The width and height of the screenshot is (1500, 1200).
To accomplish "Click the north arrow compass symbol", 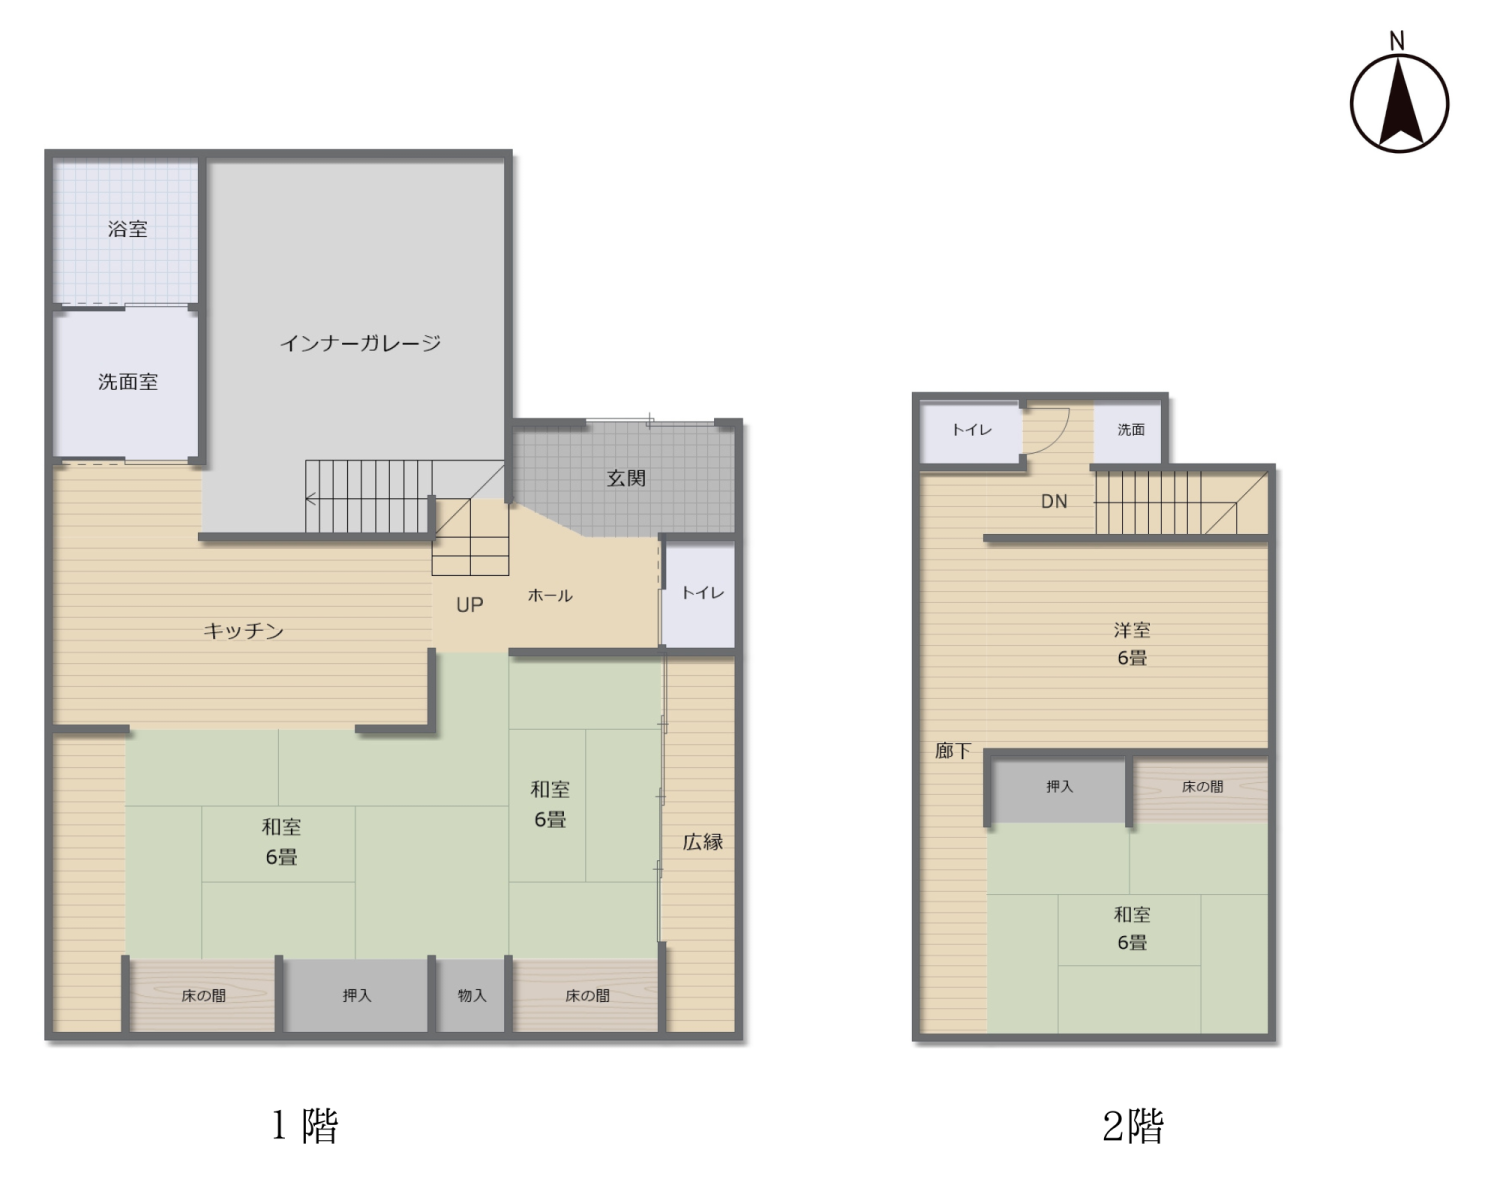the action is pyautogui.click(x=1399, y=103).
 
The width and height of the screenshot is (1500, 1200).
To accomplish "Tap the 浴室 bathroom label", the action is pyautogui.click(x=128, y=229).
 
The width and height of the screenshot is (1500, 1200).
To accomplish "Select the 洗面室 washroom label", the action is pyautogui.click(x=128, y=382).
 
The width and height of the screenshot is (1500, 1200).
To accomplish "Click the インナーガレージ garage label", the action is pyautogui.click(x=360, y=343).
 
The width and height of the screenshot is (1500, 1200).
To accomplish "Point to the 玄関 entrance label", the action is pyautogui.click(x=626, y=478).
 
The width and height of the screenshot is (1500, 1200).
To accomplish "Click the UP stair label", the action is pyautogui.click(x=469, y=605).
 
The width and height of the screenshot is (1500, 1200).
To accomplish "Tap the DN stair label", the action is pyautogui.click(x=1053, y=501).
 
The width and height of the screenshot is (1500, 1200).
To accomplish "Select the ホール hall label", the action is pyautogui.click(x=550, y=595).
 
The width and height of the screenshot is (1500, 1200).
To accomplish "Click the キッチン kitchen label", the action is pyautogui.click(x=243, y=631).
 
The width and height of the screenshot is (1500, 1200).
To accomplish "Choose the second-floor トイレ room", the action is pyautogui.click(x=971, y=432).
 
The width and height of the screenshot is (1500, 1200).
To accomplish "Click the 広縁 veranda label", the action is pyautogui.click(x=702, y=842).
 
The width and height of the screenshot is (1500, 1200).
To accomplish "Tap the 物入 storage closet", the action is pyautogui.click(x=470, y=995).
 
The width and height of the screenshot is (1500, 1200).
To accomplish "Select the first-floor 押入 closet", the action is pyautogui.click(x=355, y=995).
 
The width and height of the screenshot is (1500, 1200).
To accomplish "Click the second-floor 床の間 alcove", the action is pyautogui.click(x=1201, y=790).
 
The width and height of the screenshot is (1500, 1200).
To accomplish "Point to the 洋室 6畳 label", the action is pyautogui.click(x=1131, y=644).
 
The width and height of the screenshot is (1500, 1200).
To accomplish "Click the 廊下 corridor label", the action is pyautogui.click(x=952, y=751).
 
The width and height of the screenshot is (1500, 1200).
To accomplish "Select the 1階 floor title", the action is pyautogui.click(x=305, y=1125).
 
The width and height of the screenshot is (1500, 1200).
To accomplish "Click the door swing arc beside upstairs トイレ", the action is pyautogui.click(x=1057, y=436).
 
